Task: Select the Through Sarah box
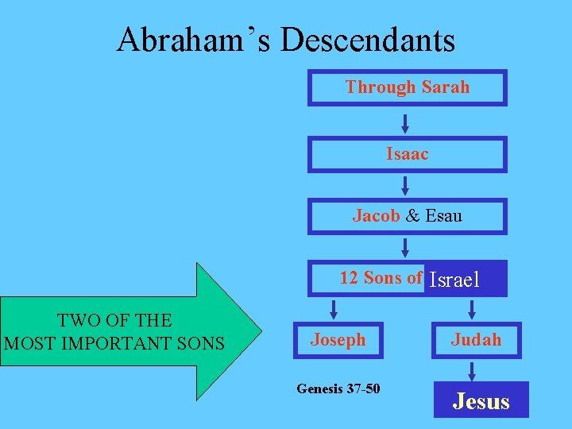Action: coord(407,87)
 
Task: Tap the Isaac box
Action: coord(407,154)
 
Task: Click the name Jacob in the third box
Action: coord(376,216)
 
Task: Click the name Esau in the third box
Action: coord(443,216)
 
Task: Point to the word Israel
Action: coord(454,280)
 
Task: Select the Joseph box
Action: coord(338,340)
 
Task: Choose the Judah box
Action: coord(476,340)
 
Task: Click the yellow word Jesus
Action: coord(481,401)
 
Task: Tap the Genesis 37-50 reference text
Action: coord(338,388)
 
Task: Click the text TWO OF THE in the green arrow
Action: coord(114,321)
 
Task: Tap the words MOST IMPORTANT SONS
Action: coord(114,344)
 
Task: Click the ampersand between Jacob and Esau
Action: coord(412,216)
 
